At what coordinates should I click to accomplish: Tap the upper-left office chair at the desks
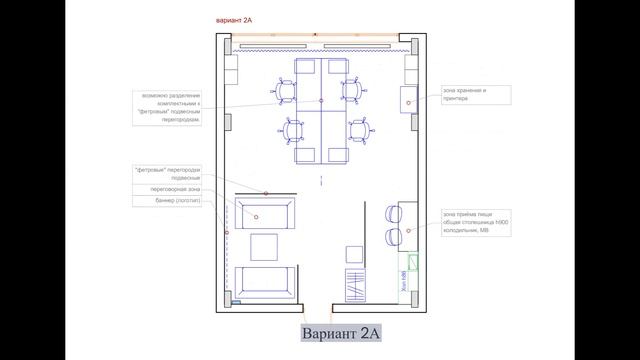(x=285, y=91)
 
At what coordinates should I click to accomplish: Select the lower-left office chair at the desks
(x=293, y=130)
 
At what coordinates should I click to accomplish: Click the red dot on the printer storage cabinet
(x=410, y=101)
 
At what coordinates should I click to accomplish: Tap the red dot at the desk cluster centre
(x=320, y=101)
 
